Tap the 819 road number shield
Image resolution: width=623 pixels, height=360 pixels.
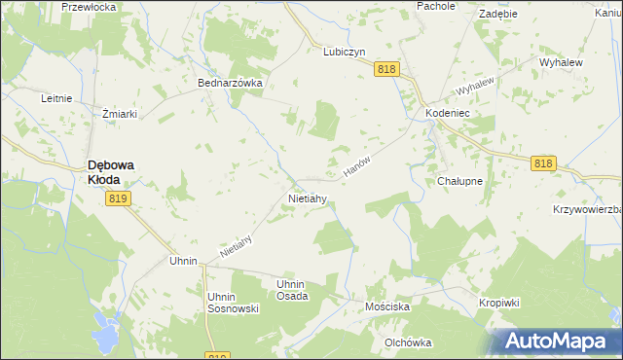(x=118, y=198)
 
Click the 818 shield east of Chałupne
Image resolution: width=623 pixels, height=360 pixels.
(x=543, y=164)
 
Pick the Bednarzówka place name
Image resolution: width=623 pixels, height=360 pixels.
(x=231, y=84)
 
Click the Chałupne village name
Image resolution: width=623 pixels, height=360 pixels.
(x=460, y=181)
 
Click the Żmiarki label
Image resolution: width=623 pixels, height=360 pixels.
(x=119, y=114)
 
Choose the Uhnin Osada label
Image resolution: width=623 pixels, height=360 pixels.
(x=292, y=290)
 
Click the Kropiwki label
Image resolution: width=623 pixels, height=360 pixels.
(x=499, y=303)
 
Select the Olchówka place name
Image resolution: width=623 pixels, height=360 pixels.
(x=408, y=342)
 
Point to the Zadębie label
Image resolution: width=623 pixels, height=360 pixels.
(x=497, y=15)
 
